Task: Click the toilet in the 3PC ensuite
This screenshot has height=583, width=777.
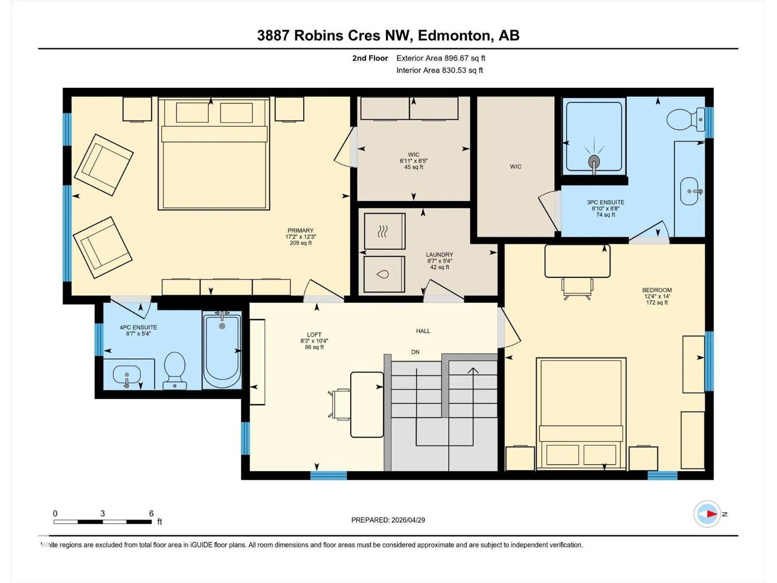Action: (685, 120)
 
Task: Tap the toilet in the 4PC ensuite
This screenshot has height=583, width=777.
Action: (175, 370)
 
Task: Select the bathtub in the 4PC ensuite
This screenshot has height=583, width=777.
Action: (222, 350)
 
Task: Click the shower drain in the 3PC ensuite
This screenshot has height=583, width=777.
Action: (594, 162)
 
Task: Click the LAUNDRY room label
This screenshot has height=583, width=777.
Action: (439, 255)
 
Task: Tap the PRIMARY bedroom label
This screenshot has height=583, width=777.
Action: (300, 230)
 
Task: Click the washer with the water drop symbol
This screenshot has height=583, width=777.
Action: (384, 274)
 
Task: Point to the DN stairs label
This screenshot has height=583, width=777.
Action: (415, 352)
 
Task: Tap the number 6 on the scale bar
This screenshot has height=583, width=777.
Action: (151, 513)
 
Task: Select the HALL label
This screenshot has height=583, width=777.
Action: (423, 331)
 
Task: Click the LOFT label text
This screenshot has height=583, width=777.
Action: (314, 335)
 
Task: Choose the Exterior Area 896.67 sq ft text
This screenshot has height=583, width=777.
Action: (441, 58)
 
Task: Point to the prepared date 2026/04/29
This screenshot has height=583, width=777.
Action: (408, 520)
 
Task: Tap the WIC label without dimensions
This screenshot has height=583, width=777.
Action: (516, 166)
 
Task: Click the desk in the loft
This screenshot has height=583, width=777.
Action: (367, 405)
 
